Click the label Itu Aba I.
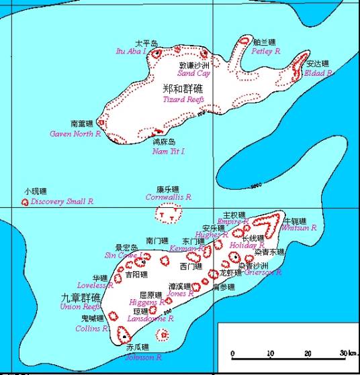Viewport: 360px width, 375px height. point(130,50)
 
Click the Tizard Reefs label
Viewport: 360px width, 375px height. point(183,99)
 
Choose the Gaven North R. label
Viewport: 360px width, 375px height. point(75,133)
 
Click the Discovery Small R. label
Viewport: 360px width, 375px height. point(62,201)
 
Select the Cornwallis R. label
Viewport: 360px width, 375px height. point(169,198)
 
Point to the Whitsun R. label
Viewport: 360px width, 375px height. point(299,228)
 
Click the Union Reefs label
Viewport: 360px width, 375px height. point(81,307)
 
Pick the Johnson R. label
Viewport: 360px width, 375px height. point(144,358)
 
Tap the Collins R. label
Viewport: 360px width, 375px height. point(92,329)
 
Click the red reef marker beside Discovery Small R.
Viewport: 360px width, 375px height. point(26,201)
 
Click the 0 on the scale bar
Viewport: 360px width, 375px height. point(233,353)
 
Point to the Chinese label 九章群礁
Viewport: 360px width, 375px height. point(81,297)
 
